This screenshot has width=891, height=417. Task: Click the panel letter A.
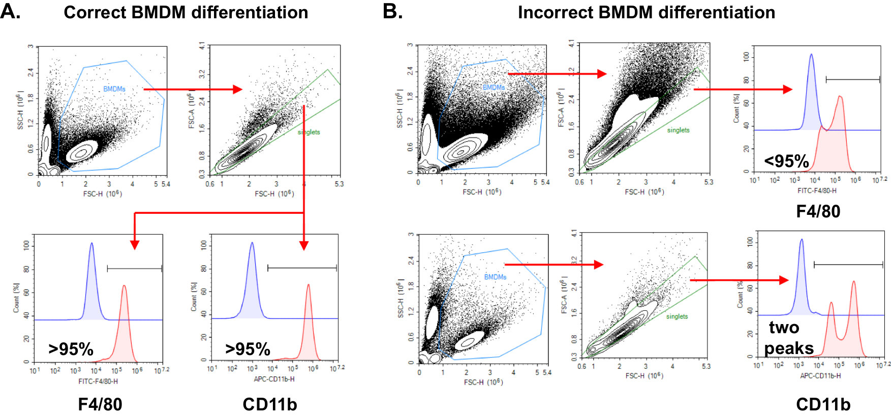click(10, 11)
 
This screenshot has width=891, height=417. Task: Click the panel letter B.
click(392, 11)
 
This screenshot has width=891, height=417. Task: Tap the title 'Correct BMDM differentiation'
click(186, 12)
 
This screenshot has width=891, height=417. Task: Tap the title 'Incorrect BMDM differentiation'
click(646, 12)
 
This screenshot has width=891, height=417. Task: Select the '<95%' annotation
click(786, 162)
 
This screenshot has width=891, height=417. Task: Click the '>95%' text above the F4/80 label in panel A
click(71, 349)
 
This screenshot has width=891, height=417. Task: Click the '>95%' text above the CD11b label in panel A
click(248, 349)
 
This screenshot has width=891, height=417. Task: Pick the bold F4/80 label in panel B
click(818, 211)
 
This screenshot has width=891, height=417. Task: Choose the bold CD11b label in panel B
click(823, 404)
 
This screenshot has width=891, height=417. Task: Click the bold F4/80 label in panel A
click(100, 404)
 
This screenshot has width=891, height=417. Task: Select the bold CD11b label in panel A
click(269, 404)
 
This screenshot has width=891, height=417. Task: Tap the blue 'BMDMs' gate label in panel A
click(114, 89)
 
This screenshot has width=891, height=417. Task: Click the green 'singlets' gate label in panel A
click(309, 132)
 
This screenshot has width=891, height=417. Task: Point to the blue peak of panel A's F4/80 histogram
click(91, 244)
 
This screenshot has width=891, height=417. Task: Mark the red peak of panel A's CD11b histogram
click(308, 285)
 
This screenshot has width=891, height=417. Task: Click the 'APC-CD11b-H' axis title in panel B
click(820, 376)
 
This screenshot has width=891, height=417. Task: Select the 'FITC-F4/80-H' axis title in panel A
click(98, 381)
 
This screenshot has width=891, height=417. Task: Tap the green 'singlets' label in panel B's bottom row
click(677, 316)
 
